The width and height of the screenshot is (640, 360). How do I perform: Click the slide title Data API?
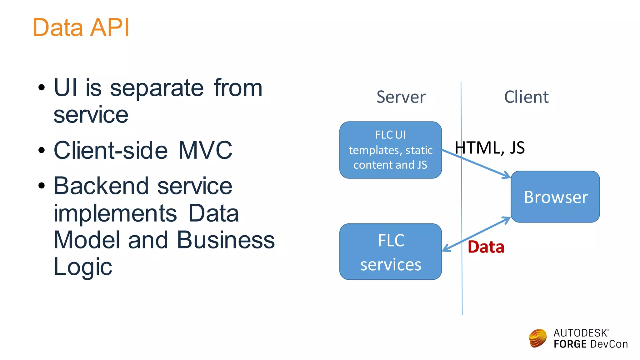point(81,27)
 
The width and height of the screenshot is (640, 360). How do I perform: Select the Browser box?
point(555,197)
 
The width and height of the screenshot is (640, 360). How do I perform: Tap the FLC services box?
point(390,252)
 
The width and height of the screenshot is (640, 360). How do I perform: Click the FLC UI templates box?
point(390,150)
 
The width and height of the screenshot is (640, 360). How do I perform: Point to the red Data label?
point(486,247)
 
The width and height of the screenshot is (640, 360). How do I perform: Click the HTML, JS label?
point(489,147)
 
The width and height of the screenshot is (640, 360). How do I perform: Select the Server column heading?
point(401,97)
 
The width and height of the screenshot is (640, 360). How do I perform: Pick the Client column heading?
point(526,97)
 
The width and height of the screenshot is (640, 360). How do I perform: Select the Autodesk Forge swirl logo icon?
point(537,338)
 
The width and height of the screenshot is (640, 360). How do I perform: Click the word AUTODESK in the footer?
point(580,333)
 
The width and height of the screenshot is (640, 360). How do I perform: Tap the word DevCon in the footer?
point(609,344)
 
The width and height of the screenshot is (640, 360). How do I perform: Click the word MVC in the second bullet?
point(205,150)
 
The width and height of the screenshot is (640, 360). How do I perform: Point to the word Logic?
point(83,267)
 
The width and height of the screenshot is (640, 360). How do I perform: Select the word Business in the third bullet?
point(226,240)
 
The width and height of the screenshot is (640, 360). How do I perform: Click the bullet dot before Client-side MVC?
point(42,150)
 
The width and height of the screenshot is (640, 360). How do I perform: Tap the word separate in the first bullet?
point(157,88)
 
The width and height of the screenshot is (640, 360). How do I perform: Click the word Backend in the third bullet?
point(101,186)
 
